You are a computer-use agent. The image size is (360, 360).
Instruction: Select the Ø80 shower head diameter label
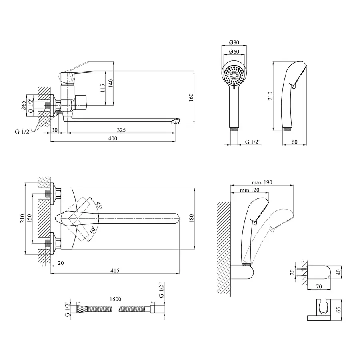click(x=234, y=43)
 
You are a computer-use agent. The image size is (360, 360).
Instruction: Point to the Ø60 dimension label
click(x=234, y=51)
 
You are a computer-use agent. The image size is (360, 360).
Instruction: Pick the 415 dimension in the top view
click(x=114, y=271)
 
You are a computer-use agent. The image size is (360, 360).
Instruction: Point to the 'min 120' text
click(x=250, y=190)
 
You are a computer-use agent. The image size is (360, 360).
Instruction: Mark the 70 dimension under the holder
click(x=319, y=286)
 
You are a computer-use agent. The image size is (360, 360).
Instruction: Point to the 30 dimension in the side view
click(x=55, y=130)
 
